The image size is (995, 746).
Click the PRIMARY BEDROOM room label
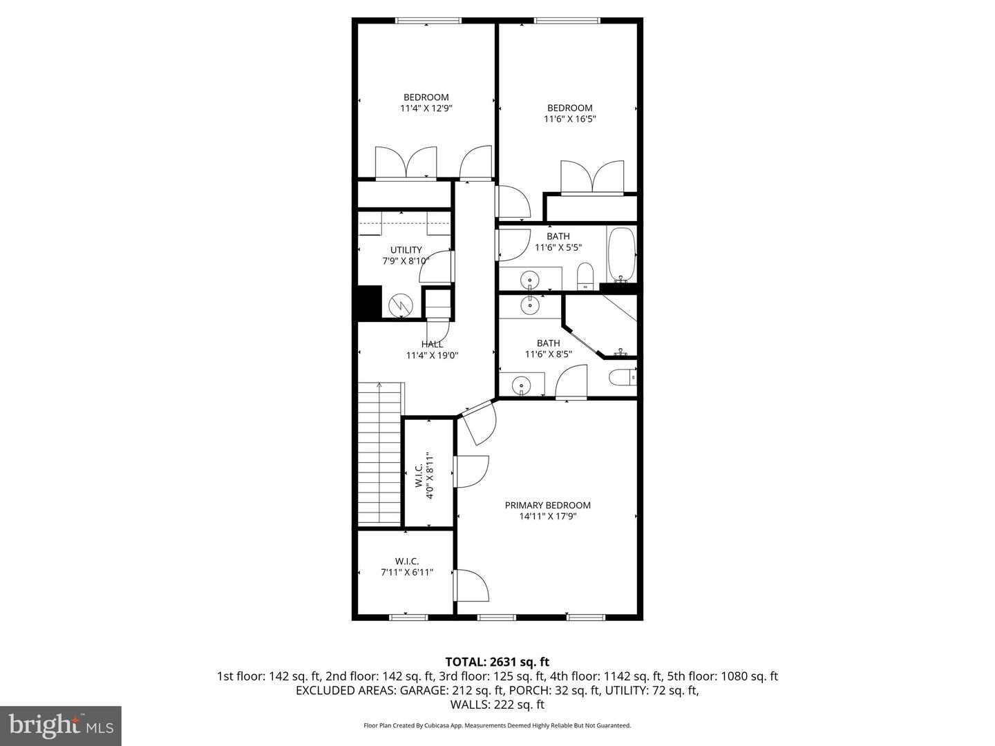tap(547, 505)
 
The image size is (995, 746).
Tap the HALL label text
tap(432, 344)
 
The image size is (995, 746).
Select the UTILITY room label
tap(406, 250)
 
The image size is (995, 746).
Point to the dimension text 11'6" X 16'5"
tap(569, 119)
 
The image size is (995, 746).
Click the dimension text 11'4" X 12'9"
tap(426, 108)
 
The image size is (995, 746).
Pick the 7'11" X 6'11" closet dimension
tap(406, 572)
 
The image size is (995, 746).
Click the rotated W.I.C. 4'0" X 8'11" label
tap(424, 471)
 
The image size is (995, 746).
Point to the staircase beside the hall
tap(379, 453)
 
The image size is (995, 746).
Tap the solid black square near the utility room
tap(367, 303)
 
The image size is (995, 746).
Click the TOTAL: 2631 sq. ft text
tap(497, 662)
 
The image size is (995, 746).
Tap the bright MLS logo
tap(60, 725)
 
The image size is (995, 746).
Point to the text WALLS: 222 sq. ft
tap(497, 705)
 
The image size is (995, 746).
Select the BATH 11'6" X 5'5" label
tap(558, 242)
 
